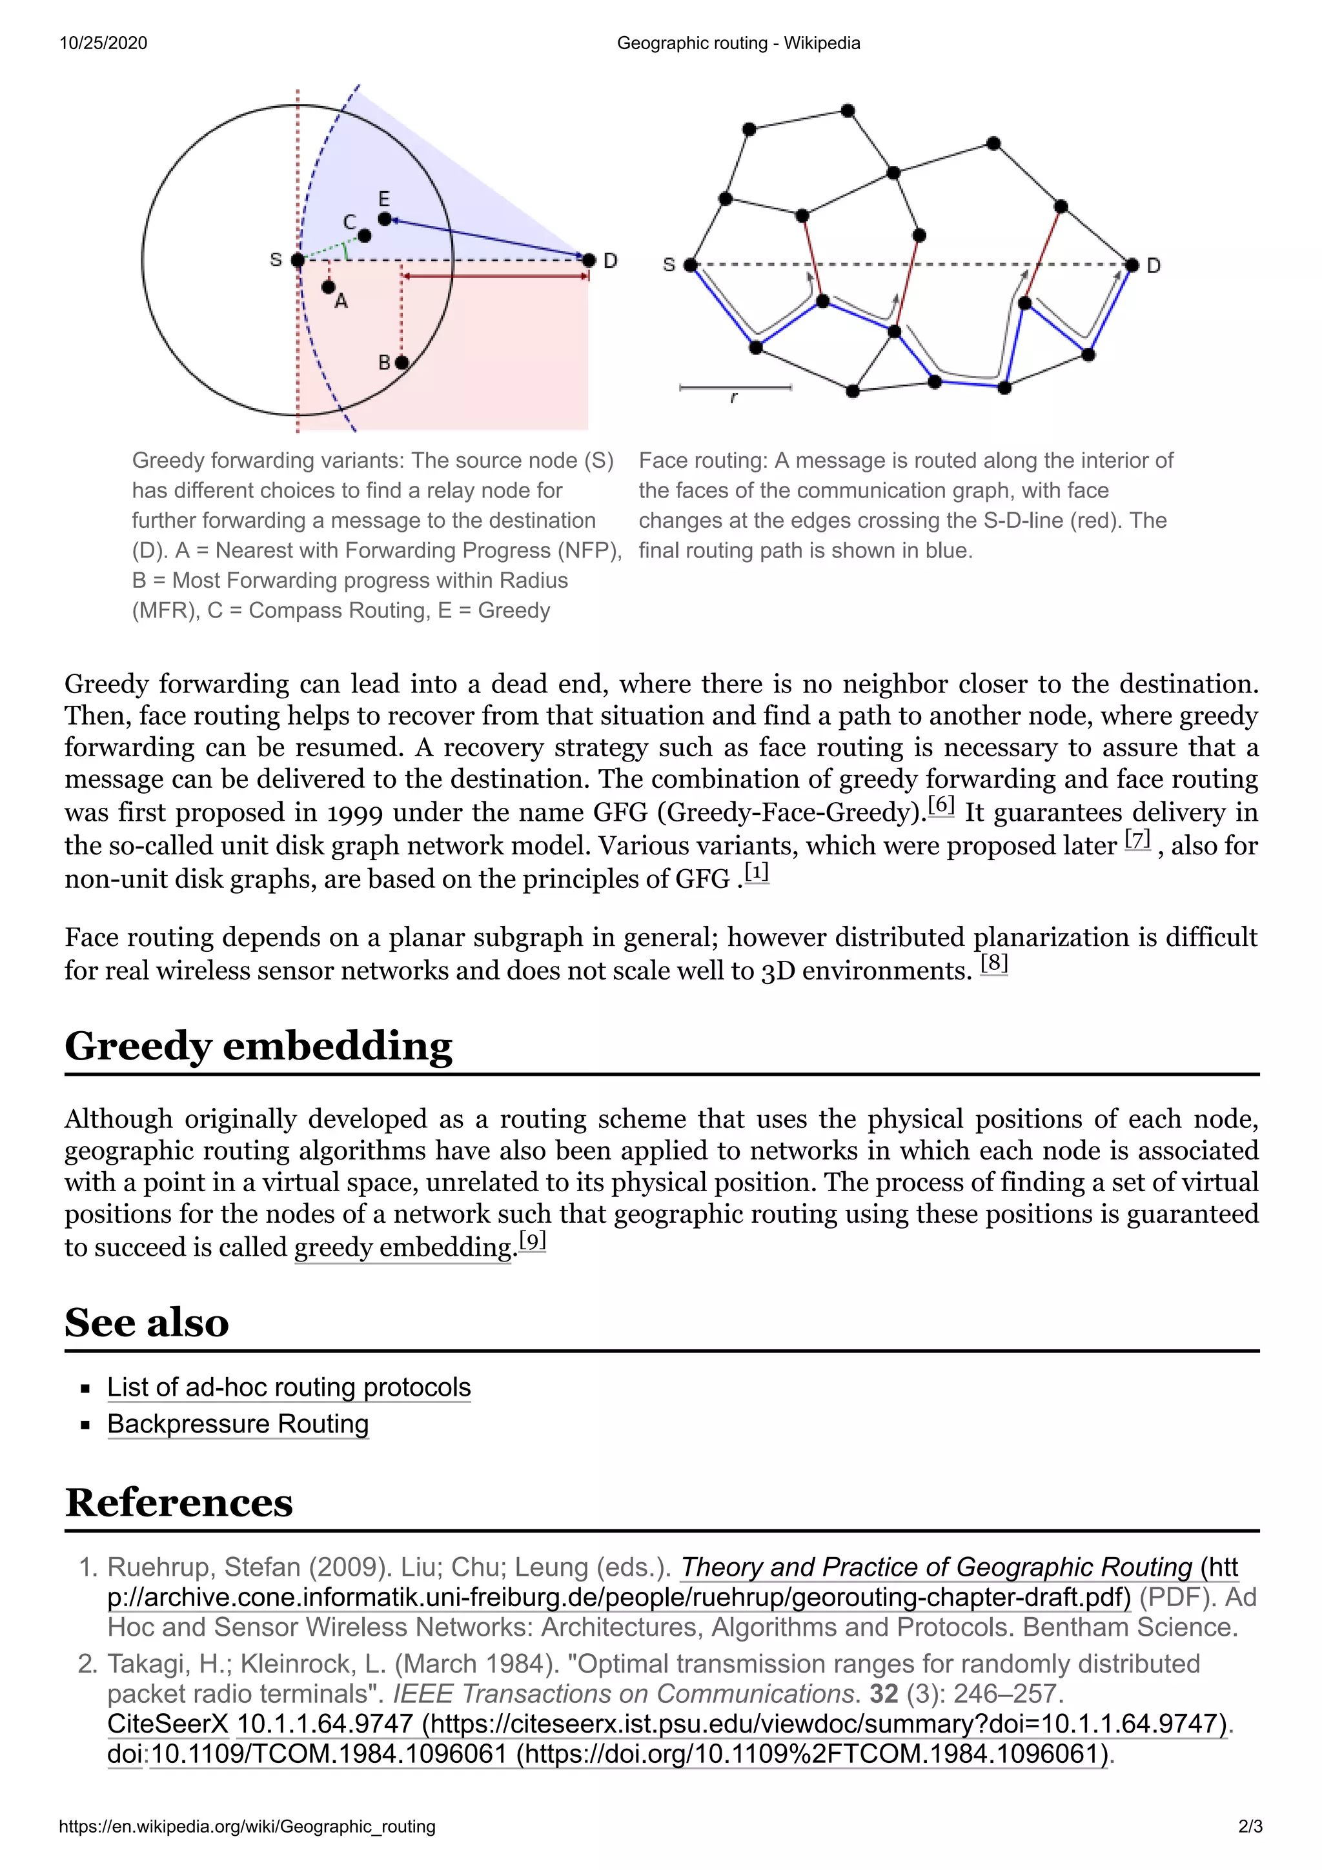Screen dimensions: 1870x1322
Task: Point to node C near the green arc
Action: [364, 236]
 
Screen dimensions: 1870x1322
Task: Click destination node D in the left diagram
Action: [589, 260]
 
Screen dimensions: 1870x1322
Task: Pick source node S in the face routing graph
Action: [690, 265]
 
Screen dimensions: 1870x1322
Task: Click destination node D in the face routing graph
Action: [1132, 265]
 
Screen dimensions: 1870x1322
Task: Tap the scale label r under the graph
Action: [734, 398]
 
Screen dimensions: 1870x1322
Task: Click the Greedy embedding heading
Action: [258, 1046]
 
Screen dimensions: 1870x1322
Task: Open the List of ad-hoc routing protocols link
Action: [289, 1387]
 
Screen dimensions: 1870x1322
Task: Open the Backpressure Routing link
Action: [238, 1423]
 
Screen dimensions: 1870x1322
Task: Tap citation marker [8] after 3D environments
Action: [993, 963]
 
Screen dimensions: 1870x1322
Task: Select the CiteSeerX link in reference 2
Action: [168, 1724]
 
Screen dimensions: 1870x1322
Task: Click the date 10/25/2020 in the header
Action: [103, 43]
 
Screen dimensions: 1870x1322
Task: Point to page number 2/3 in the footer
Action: [1250, 1826]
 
